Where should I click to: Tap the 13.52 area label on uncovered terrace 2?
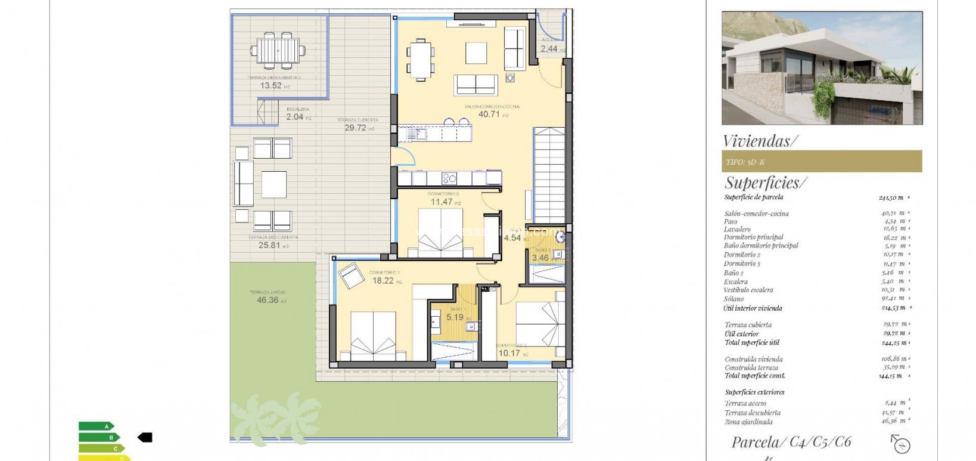coord(271,85)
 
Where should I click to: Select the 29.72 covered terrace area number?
coord(355,128)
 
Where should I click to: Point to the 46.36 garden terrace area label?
coord(267,300)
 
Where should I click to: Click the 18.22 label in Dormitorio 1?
coord(383,280)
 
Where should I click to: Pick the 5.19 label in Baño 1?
coord(455,317)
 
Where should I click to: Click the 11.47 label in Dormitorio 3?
coord(442,202)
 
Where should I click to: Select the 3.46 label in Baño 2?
coord(540,258)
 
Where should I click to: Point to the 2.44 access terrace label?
coord(549,49)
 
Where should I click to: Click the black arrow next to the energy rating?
coord(145,437)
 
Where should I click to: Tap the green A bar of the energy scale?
coord(96,426)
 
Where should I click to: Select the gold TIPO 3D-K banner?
coord(821,162)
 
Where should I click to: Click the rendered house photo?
coord(822,67)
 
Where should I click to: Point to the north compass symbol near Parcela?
coord(902,444)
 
